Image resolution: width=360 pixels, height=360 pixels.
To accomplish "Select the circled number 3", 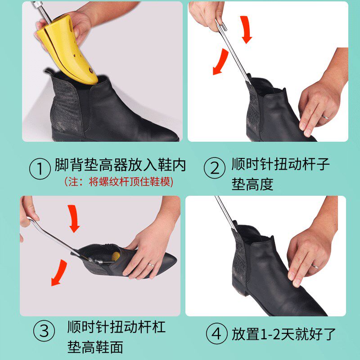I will pyautogui.click(x=45, y=332).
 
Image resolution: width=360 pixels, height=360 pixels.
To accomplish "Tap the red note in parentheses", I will pyautogui.click(x=119, y=182).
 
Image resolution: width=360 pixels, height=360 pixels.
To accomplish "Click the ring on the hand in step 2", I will pyautogui.click(x=325, y=117).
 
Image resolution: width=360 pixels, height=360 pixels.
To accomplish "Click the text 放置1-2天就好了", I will pyautogui.click(x=283, y=334).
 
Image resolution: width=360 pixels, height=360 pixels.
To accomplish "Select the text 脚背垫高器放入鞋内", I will pyautogui.click(x=120, y=165).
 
